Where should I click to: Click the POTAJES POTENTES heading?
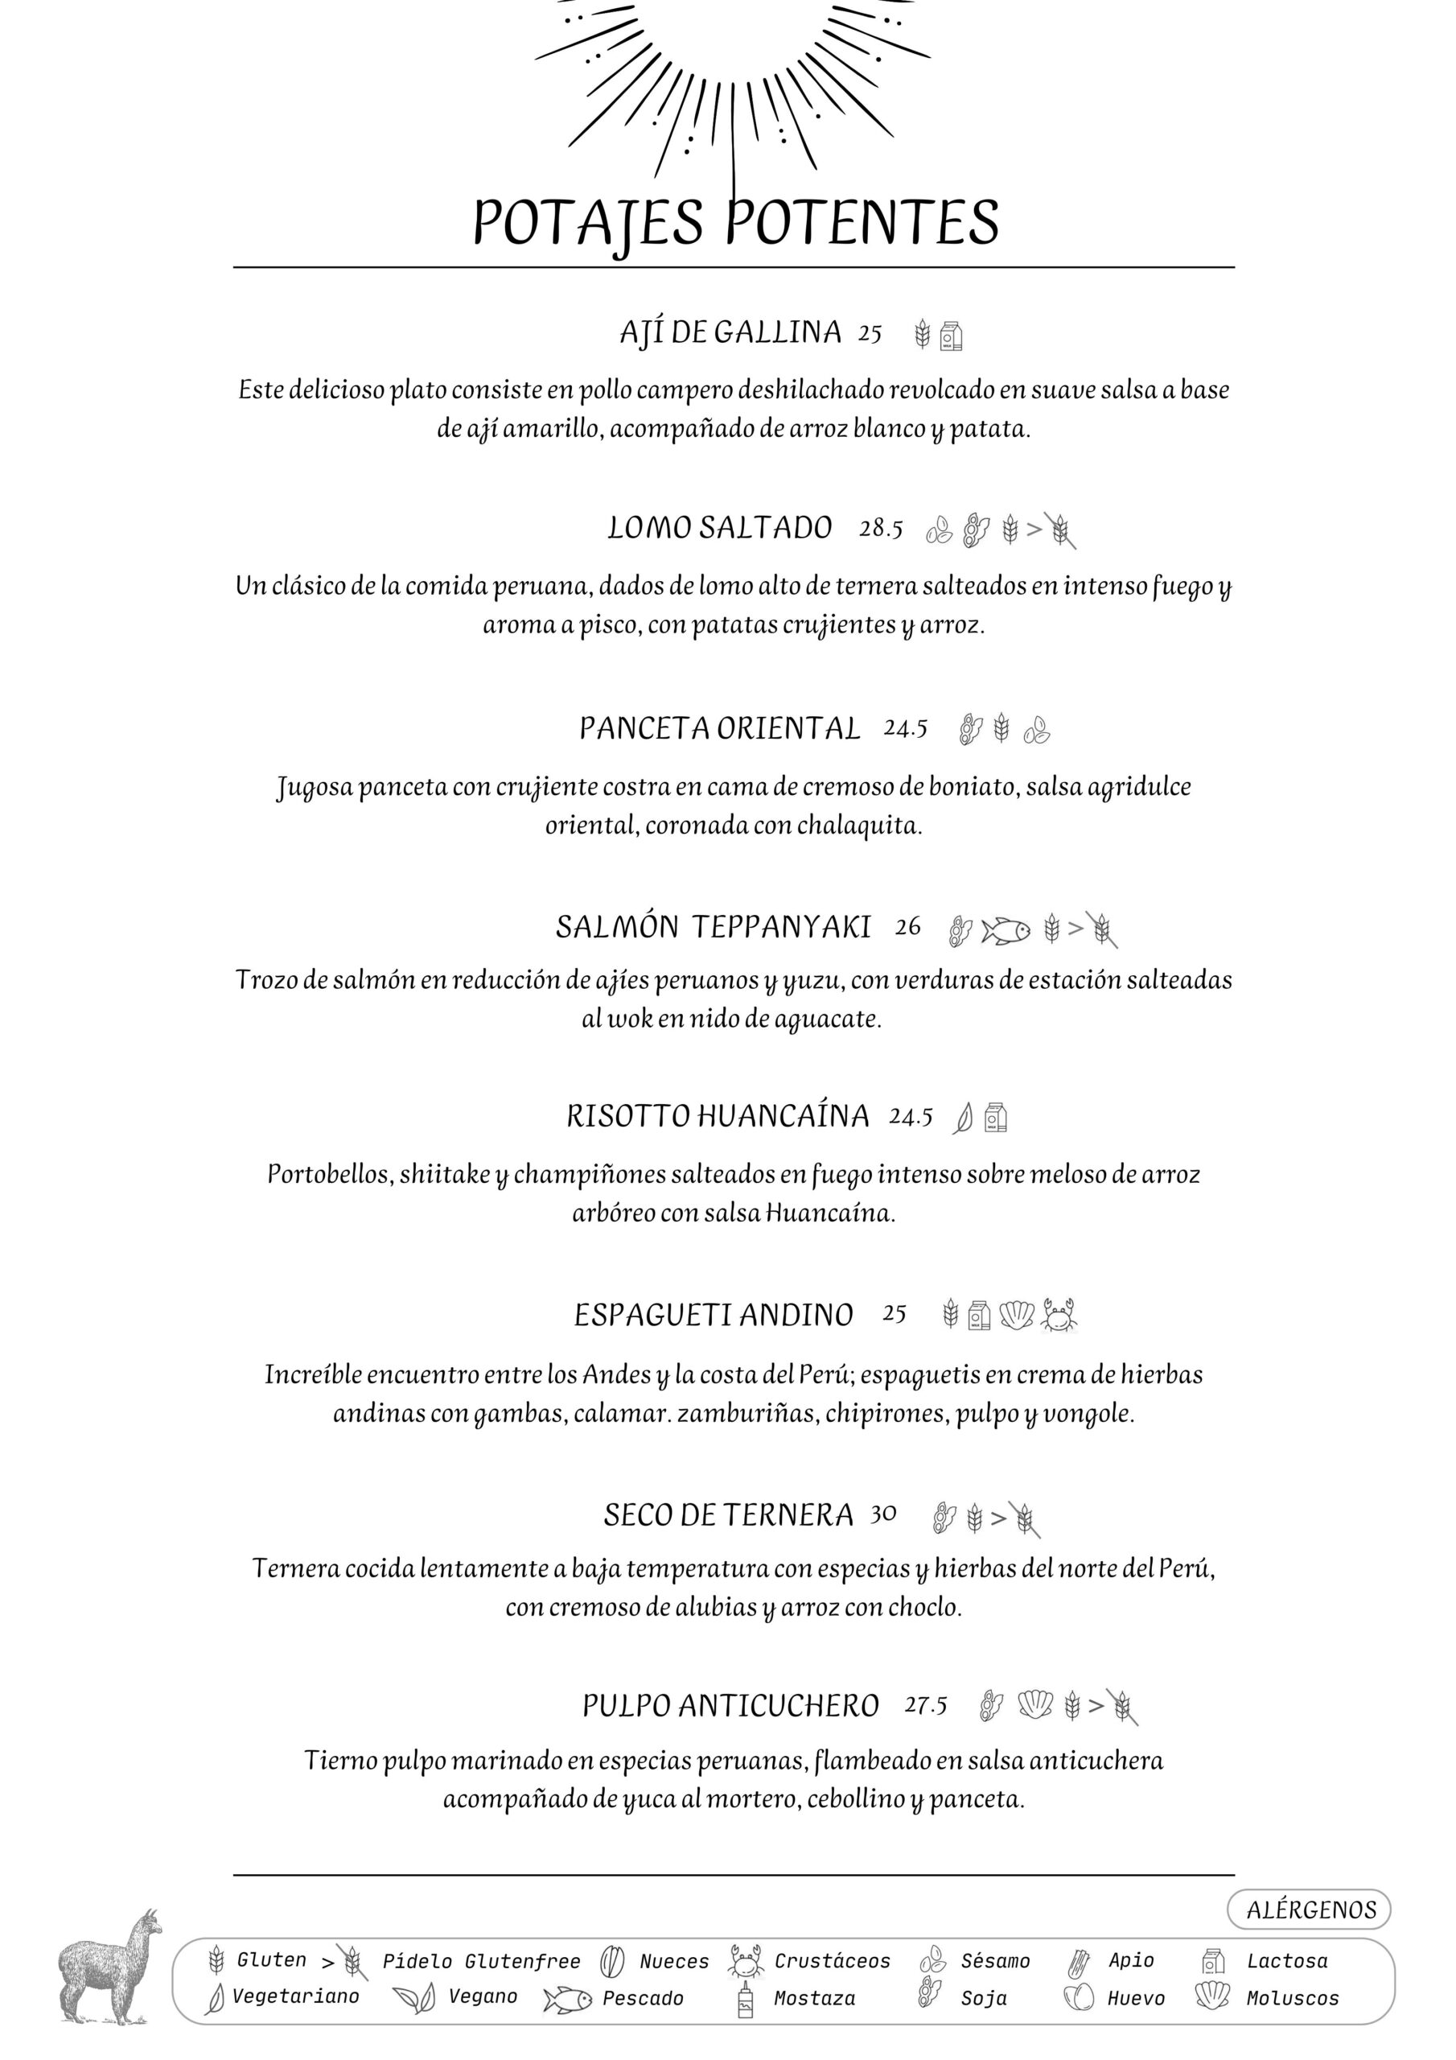(x=734, y=223)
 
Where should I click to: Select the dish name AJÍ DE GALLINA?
(x=730, y=333)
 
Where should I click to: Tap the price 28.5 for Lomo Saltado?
(x=880, y=529)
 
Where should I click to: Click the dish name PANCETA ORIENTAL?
(x=718, y=727)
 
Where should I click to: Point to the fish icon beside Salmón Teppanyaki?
(x=1005, y=929)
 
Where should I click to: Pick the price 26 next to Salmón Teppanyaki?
(x=907, y=927)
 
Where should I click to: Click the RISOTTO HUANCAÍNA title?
(x=717, y=1116)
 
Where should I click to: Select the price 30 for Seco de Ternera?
(x=882, y=1514)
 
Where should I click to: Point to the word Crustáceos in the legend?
(x=832, y=1960)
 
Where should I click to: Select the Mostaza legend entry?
(x=814, y=1998)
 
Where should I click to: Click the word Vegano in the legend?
(x=483, y=1996)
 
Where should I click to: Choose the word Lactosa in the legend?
(x=1286, y=1960)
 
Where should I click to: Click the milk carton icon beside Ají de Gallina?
(x=951, y=336)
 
